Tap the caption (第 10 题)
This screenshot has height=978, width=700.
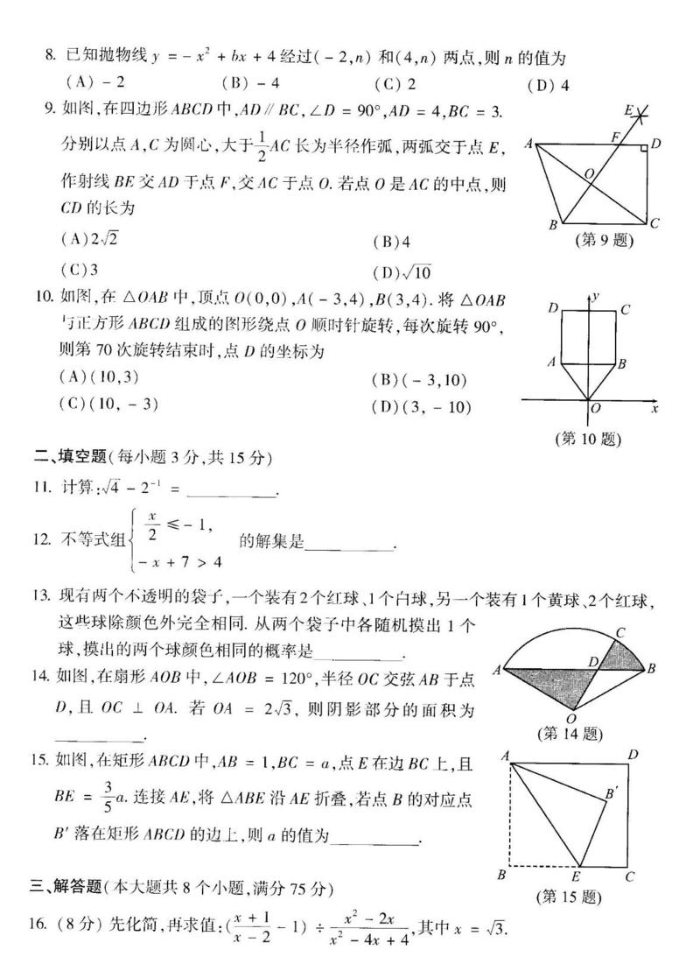click(588, 439)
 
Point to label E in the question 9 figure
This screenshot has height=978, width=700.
click(628, 110)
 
